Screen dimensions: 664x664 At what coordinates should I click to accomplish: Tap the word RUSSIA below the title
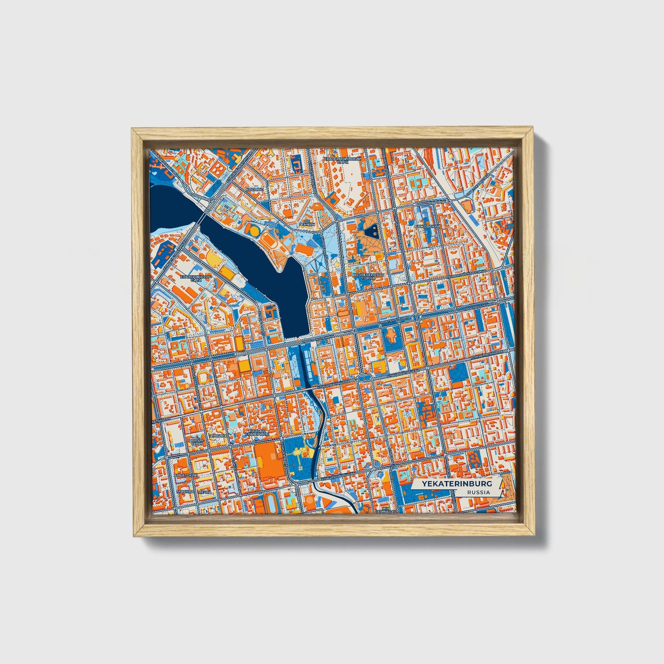pyautogui.click(x=478, y=492)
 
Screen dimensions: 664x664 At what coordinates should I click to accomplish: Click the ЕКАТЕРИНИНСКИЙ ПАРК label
pyautogui.click(x=343, y=160)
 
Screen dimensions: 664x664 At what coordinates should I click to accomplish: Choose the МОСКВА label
pyautogui.click(x=186, y=492)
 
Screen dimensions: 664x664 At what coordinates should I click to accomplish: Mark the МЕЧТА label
pyautogui.click(x=204, y=492)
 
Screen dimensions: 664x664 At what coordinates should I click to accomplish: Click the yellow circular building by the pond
pyautogui.click(x=253, y=229)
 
